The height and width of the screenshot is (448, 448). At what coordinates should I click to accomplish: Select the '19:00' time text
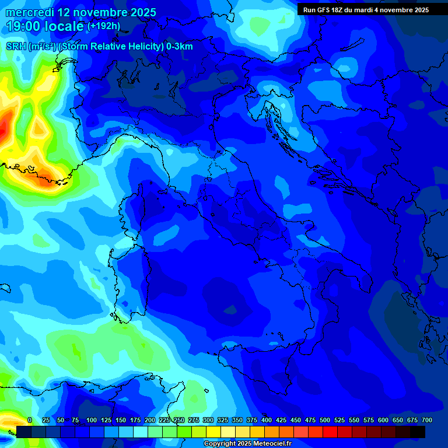click(x=22, y=26)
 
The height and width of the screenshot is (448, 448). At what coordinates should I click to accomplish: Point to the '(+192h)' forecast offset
click(x=103, y=26)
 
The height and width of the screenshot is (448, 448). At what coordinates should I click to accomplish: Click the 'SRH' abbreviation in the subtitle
click(x=16, y=47)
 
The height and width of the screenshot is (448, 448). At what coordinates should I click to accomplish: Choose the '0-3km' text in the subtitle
click(x=180, y=47)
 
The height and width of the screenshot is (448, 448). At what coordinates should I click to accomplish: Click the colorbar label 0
click(x=30, y=421)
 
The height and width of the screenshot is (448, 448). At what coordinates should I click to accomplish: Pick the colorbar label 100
click(x=92, y=421)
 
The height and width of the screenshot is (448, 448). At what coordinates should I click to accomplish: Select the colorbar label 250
click(x=179, y=421)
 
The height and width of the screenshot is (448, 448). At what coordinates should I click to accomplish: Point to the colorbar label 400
click(x=267, y=421)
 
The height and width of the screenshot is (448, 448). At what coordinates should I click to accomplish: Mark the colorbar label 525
click(x=339, y=421)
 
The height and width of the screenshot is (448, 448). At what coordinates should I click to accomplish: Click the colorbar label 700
click(x=426, y=421)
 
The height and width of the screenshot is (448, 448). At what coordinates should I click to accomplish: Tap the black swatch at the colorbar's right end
click(x=418, y=432)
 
